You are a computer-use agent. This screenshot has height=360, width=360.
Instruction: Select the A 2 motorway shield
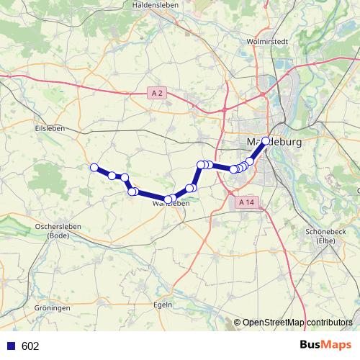(x=158, y=93)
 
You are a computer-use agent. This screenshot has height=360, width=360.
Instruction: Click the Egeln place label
(x=163, y=305)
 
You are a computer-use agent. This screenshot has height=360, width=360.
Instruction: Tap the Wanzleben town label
(x=171, y=204)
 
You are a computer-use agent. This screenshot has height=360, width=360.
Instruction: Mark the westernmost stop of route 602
(x=94, y=168)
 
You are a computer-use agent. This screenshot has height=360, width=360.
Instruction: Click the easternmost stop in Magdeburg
(x=266, y=141)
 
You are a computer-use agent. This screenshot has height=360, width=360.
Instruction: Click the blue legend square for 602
(x=10, y=346)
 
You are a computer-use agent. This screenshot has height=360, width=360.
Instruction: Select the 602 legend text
(x=30, y=346)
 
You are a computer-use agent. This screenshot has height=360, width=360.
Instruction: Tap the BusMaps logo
(x=325, y=346)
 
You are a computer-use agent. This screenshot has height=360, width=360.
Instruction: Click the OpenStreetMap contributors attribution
(x=297, y=323)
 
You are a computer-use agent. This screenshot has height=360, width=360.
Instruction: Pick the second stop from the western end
(x=112, y=175)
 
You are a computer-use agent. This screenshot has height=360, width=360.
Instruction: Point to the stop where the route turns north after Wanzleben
(x=202, y=165)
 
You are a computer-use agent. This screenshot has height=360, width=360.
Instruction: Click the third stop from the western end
(x=125, y=177)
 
